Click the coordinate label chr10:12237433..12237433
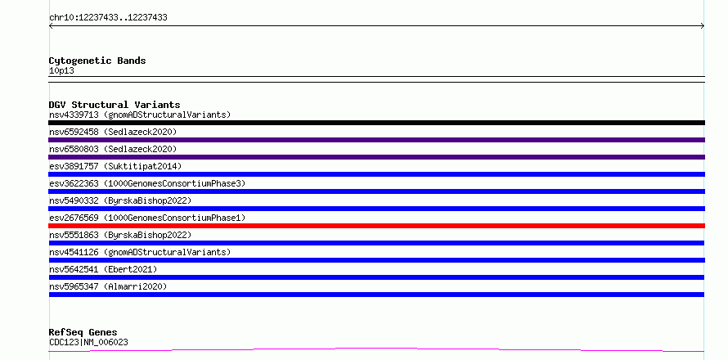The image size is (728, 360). point(108,18)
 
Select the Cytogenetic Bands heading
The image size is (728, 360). point(97,61)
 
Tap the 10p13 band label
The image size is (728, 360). point(61,71)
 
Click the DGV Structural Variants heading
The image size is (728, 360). point(115,105)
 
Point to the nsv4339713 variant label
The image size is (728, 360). point(140,115)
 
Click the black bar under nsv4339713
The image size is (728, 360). point(376,123)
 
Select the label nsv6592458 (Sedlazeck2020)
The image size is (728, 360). point(113,132)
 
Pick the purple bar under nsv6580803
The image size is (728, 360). point(376,157)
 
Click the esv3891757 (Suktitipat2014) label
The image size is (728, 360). point(115,166)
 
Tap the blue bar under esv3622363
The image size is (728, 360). point(376,191)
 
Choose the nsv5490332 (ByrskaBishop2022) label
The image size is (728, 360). point(120,200)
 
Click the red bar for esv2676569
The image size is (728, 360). point(376,226)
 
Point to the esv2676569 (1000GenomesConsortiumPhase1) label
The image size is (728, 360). point(147,218)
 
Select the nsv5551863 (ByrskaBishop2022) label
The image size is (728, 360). point(120,235)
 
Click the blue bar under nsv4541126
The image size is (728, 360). point(376,260)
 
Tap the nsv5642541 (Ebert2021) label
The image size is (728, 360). point(103,269)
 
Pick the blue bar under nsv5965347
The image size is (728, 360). point(376,295)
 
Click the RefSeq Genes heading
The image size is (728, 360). point(83,332)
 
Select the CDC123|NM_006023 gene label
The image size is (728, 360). point(88,342)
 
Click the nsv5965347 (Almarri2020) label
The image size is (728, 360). point(108,286)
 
